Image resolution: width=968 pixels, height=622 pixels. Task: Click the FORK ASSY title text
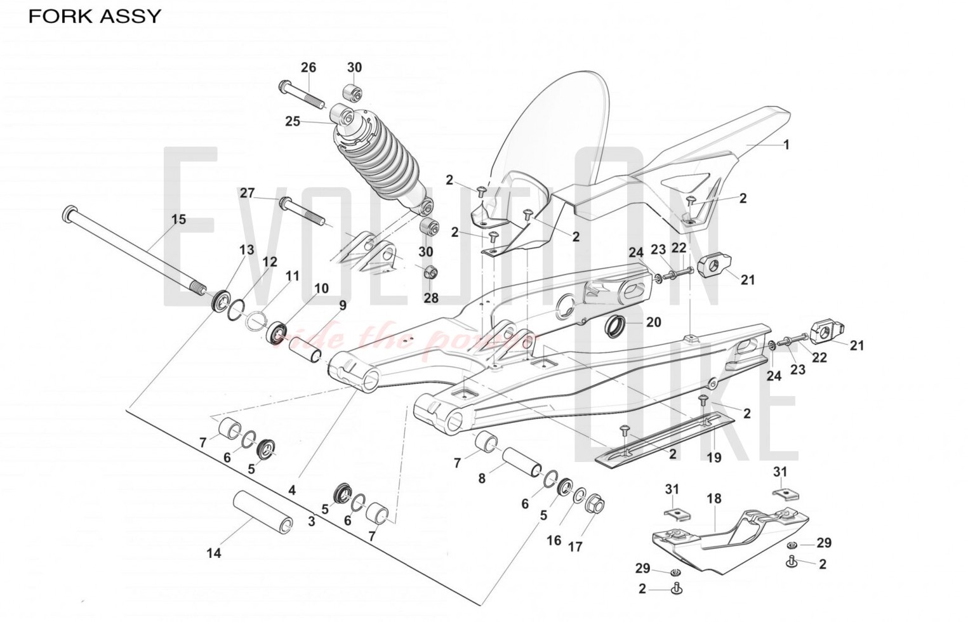click(95, 16)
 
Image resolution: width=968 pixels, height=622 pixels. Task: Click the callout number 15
click(179, 220)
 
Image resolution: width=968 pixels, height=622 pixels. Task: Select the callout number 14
click(214, 553)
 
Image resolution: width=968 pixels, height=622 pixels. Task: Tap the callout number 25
click(292, 121)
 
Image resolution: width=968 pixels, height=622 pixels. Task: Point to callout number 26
click(308, 67)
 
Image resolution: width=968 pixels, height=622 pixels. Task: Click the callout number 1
click(786, 145)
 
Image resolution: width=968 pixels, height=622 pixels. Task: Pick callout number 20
click(653, 322)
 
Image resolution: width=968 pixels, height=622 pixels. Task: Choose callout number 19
click(714, 457)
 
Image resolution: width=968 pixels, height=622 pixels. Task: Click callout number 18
click(714, 499)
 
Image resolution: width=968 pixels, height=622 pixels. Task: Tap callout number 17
click(575, 546)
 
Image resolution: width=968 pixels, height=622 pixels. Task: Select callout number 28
click(431, 298)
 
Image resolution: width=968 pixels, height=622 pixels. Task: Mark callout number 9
click(342, 305)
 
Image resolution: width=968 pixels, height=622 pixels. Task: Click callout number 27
click(247, 193)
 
